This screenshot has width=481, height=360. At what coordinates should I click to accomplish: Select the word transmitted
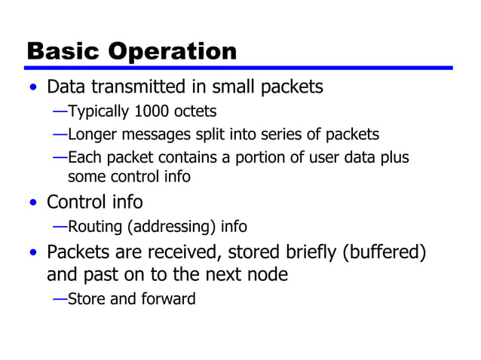[140, 87]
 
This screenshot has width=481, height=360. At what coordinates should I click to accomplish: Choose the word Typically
[99, 112]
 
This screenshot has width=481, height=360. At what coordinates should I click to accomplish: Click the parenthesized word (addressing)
[169, 227]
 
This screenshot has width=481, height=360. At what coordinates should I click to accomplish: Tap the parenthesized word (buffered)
[384, 252]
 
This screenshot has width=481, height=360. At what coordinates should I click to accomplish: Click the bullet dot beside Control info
[32, 203]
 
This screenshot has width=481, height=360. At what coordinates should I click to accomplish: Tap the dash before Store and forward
[60, 299]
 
